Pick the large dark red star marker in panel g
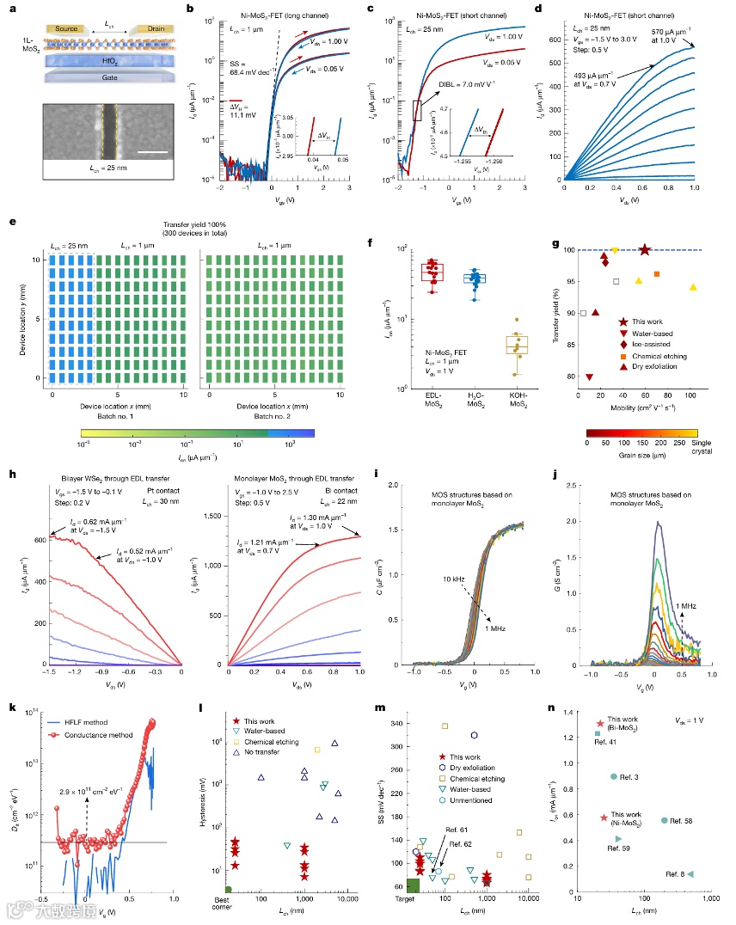pyautogui.click(x=645, y=250)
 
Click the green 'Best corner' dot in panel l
pyautogui.click(x=228, y=888)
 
